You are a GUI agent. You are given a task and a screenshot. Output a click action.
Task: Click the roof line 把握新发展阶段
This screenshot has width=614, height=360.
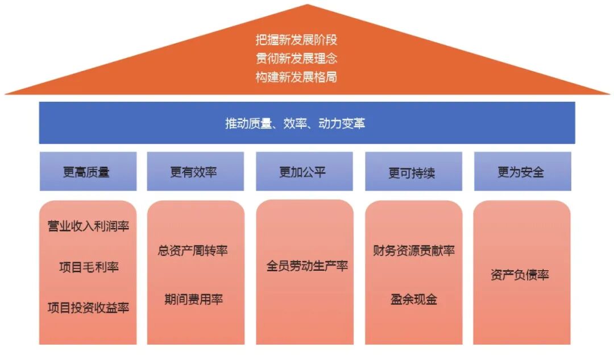[x=296, y=40]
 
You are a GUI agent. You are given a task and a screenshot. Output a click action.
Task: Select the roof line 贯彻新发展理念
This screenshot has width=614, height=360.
[x=296, y=58]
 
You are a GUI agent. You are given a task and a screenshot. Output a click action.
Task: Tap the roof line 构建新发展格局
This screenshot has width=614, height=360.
[x=296, y=77]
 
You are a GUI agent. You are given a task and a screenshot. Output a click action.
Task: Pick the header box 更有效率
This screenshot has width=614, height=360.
[x=194, y=172]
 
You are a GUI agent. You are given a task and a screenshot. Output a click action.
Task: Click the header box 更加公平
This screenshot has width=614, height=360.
[x=303, y=172]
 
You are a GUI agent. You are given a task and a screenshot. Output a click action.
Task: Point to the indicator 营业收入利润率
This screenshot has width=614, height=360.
[x=88, y=226]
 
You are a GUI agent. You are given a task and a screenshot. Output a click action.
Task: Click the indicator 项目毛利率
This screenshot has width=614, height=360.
[x=88, y=267]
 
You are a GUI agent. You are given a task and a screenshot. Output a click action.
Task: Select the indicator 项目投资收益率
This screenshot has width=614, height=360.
[x=88, y=308]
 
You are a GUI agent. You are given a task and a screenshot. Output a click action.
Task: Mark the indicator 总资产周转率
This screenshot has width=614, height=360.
[x=193, y=250]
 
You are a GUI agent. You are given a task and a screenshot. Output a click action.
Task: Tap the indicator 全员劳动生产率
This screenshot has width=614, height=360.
[x=307, y=266]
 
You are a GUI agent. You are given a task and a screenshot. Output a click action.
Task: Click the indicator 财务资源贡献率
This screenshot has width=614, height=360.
[x=414, y=250]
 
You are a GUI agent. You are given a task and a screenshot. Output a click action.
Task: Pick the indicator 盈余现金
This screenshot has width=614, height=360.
[x=414, y=299]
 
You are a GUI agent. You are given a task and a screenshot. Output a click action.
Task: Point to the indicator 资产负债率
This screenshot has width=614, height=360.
[x=520, y=275]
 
